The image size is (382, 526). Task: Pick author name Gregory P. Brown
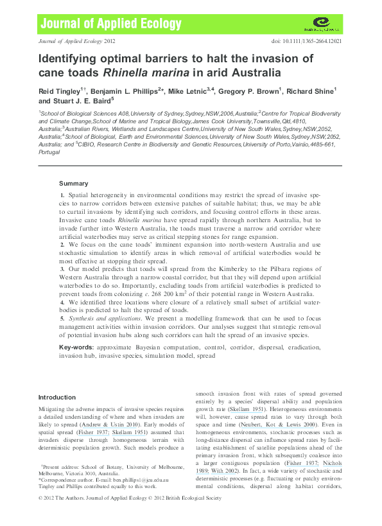[247, 91]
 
